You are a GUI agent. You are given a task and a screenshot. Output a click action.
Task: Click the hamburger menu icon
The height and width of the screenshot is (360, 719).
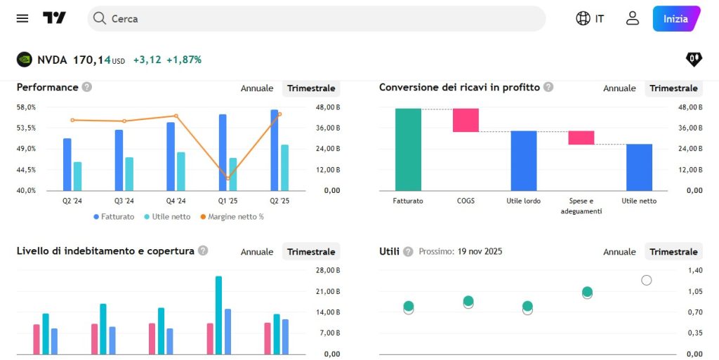[22, 18]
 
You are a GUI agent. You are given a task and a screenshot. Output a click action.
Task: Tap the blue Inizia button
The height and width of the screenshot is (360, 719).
[675, 19]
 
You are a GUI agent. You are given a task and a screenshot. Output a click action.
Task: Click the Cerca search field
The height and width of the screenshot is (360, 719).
[316, 19]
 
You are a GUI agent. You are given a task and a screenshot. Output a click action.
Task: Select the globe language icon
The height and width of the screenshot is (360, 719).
[583, 18]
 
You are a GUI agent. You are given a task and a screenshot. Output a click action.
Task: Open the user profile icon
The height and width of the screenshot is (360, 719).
[633, 18]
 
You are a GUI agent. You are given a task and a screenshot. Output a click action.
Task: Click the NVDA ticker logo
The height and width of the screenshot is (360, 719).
[25, 60]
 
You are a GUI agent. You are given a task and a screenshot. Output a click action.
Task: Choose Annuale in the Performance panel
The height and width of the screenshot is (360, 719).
[257, 88]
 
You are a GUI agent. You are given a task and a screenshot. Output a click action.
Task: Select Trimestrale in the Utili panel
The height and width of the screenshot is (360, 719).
[673, 252]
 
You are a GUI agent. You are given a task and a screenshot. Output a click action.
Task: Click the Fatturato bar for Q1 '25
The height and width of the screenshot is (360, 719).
[223, 152]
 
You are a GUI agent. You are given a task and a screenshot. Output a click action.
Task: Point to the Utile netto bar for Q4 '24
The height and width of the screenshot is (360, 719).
[181, 171]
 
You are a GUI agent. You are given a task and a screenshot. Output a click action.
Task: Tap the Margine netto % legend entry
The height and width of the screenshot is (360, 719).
[232, 217]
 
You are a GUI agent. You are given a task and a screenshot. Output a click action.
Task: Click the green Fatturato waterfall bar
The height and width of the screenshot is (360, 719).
[408, 149]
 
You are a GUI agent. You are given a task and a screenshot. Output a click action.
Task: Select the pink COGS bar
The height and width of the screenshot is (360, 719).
[466, 120]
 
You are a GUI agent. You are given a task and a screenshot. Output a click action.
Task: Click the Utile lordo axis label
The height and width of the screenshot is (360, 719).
[523, 201]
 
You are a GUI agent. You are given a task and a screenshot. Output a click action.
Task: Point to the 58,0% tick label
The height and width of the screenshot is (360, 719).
[26, 107]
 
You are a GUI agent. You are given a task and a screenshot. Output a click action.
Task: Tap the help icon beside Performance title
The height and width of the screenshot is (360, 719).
[86, 87]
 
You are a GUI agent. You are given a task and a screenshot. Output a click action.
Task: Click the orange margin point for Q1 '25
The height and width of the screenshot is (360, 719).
[227, 178]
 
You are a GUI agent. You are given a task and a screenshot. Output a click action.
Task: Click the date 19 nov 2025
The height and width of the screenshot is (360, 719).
[480, 251]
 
